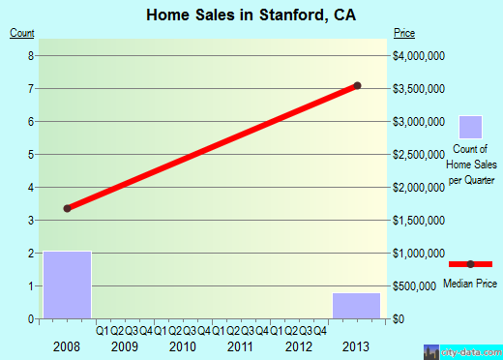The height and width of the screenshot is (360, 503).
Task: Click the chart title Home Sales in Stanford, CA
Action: click(x=251, y=15)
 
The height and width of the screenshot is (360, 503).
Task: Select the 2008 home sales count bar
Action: click(x=67, y=285)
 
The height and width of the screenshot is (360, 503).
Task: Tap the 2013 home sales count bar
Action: click(x=356, y=305)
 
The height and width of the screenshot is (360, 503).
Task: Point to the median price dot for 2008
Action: click(x=67, y=208)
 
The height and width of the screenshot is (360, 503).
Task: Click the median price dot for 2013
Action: click(x=357, y=85)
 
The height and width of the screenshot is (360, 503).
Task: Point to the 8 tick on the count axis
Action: click(x=31, y=56)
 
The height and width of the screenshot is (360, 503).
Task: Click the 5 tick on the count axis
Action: click(x=31, y=155)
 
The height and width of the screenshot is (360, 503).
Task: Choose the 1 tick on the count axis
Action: click(x=31, y=286)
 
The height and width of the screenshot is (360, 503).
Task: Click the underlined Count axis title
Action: click(x=22, y=34)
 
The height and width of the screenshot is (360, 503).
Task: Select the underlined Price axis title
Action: click(x=404, y=34)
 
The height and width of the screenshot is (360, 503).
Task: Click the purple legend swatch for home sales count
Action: click(x=470, y=127)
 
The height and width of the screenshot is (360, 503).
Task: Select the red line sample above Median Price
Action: click(x=470, y=264)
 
